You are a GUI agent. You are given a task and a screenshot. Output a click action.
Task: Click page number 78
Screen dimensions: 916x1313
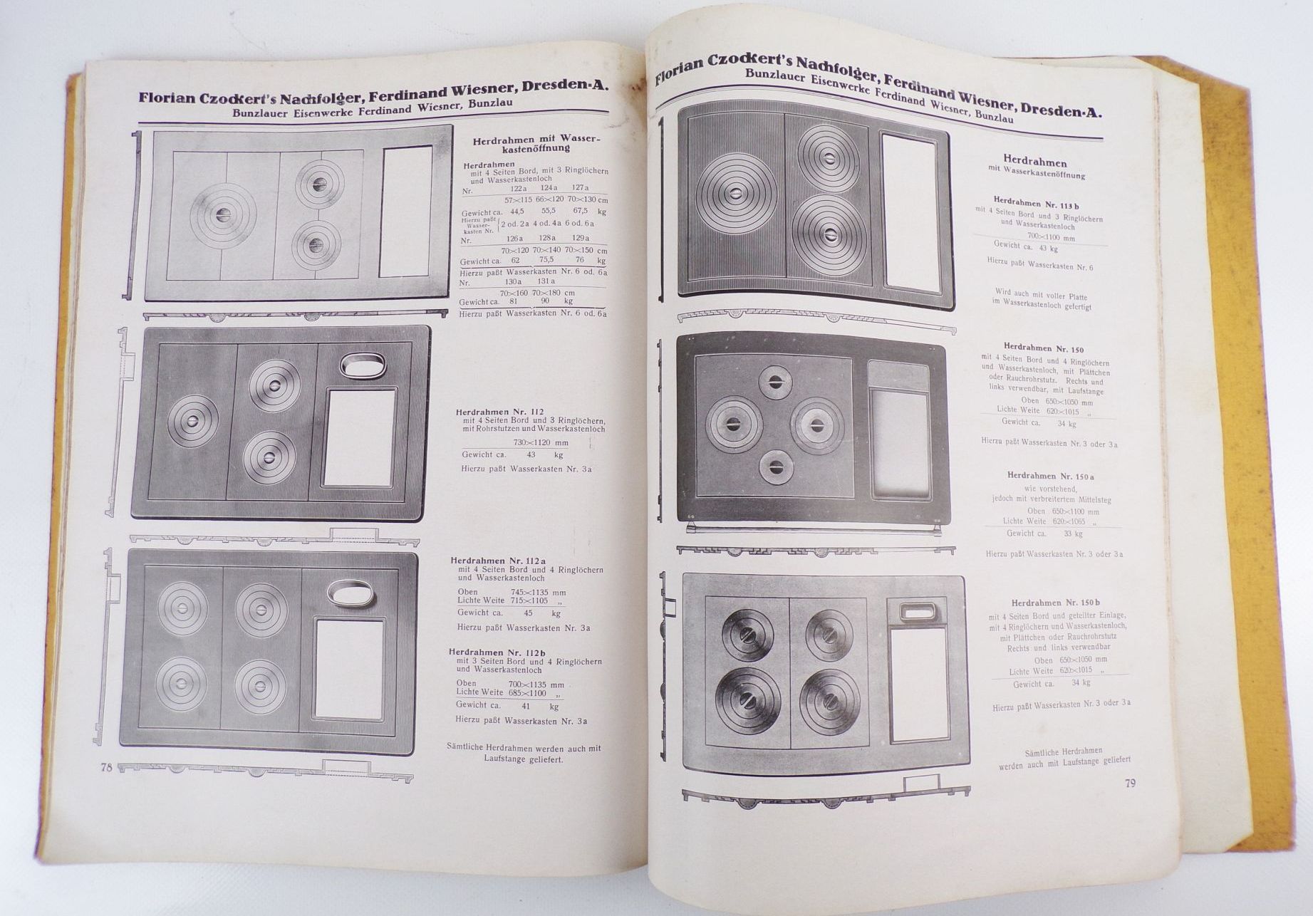click(x=107, y=767)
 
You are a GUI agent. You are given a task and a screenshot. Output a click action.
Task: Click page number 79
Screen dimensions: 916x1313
click(x=1130, y=784)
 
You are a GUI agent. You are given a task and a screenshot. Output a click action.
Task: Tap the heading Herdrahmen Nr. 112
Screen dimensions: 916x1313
click(x=499, y=412)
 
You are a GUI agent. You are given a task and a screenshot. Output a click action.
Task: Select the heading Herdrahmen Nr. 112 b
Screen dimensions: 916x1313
click(x=497, y=652)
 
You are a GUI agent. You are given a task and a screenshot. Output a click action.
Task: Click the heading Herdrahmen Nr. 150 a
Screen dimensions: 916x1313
click(x=1050, y=476)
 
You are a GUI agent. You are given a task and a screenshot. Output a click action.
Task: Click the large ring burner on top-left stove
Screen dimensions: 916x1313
click(x=224, y=215)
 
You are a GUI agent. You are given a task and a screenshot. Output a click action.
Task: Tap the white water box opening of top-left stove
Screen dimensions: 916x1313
click(x=405, y=212)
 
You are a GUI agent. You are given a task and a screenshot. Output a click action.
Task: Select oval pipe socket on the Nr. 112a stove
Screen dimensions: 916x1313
click(x=351, y=593)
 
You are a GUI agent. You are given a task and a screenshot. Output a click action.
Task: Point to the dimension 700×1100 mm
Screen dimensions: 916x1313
click(x=1051, y=237)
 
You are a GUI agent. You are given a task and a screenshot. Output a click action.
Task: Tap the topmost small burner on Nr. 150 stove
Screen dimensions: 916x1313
click(x=775, y=382)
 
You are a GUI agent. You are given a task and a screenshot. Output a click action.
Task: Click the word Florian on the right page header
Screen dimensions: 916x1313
click(x=681, y=69)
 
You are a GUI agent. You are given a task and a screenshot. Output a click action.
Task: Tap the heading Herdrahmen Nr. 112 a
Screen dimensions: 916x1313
click(x=497, y=561)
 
